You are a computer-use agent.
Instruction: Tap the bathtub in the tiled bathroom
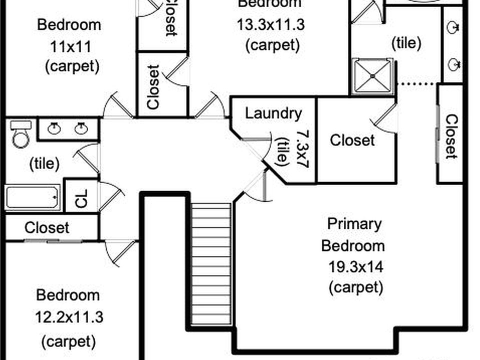click(33, 197)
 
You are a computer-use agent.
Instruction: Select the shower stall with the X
click(372, 76)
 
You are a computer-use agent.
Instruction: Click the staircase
click(211, 263)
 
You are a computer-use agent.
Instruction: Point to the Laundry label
click(273, 113)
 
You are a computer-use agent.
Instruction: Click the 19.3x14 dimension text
click(356, 267)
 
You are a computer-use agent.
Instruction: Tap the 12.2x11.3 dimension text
click(68, 317)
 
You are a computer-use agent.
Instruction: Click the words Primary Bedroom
click(353, 234)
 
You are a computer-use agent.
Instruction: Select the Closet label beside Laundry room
click(352, 140)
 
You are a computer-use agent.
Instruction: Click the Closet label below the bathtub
click(47, 228)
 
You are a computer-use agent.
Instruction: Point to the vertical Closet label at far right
click(451, 136)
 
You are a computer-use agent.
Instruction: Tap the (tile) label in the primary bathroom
click(405, 43)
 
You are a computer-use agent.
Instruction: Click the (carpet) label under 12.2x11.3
click(68, 341)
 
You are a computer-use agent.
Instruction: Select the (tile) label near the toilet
click(44, 163)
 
